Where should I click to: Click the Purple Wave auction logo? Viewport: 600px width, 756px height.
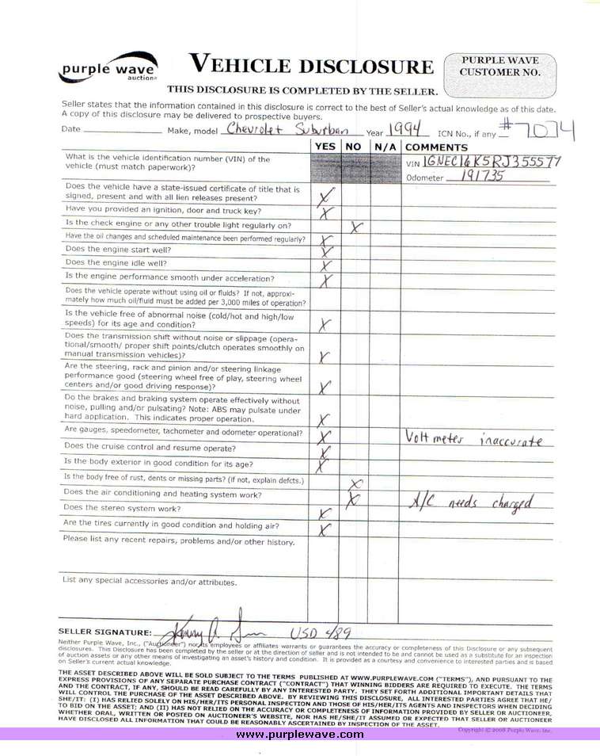pos(108,69)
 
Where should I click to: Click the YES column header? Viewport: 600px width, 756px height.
pos(325,147)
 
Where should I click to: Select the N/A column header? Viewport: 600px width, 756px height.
pos(385,147)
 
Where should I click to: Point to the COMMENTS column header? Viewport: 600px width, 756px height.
pos(436,147)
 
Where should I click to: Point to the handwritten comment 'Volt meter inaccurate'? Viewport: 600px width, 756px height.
pos(473,440)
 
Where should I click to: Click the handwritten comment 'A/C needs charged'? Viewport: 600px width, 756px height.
pos(470,501)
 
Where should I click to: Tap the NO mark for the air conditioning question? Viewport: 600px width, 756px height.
pos(355,498)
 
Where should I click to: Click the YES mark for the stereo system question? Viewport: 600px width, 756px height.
pos(324,514)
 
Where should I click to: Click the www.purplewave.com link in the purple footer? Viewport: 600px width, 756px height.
pos(300,735)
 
